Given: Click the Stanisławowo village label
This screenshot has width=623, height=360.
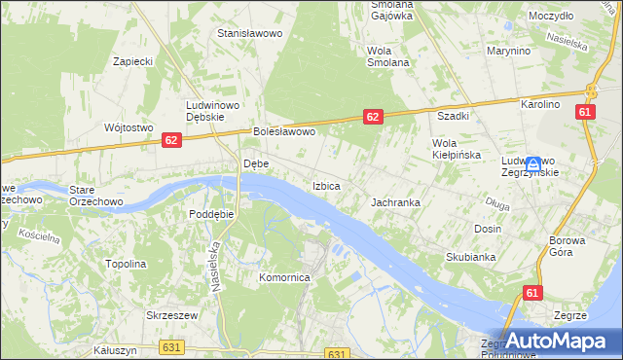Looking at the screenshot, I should [249, 33].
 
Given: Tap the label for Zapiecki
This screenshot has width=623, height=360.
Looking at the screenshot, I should [133, 60].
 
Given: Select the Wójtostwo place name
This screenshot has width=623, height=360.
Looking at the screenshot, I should [128, 127].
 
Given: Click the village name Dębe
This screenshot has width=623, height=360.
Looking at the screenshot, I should [255, 164].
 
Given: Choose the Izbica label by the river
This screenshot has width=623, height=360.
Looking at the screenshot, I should [325, 185].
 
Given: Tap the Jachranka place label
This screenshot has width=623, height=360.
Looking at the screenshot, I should [395, 203].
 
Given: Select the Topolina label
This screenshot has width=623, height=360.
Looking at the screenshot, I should [126, 264].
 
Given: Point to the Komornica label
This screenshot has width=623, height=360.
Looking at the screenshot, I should [283, 277].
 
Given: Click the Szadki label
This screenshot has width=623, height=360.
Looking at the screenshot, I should [454, 116].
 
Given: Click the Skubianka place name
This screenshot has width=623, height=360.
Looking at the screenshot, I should [471, 257].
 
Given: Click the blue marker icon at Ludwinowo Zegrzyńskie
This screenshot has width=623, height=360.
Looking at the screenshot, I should [533, 164].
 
